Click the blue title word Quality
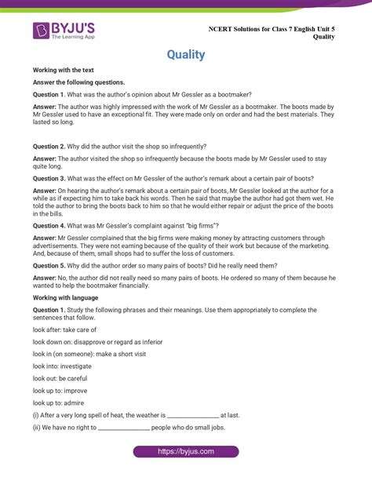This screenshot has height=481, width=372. click(x=186, y=55)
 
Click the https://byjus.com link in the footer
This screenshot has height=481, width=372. click(x=185, y=452)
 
